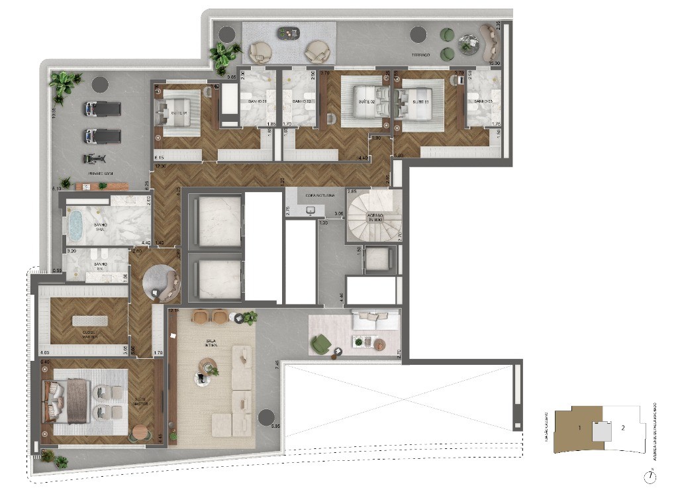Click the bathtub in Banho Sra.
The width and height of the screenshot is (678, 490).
[x=75, y=224]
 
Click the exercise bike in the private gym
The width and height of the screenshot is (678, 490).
[x=94, y=159]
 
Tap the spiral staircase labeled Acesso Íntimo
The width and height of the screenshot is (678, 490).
[x=375, y=216]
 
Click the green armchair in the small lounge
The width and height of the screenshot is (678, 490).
[x=322, y=344]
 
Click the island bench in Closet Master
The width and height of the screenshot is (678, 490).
[x=89, y=320]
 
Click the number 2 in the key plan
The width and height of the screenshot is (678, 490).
[x=622, y=428]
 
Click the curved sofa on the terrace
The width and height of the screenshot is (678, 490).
[x=491, y=45]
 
